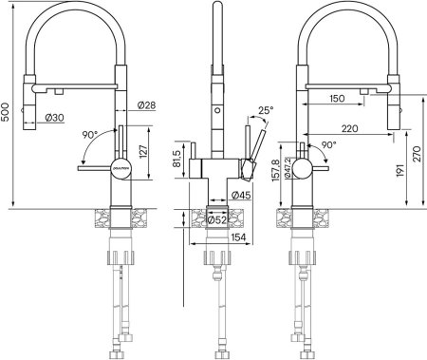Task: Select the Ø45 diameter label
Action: tap(243, 196)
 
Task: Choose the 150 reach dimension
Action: tap(337, 98)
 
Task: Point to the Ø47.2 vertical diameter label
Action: tap(288, 174)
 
